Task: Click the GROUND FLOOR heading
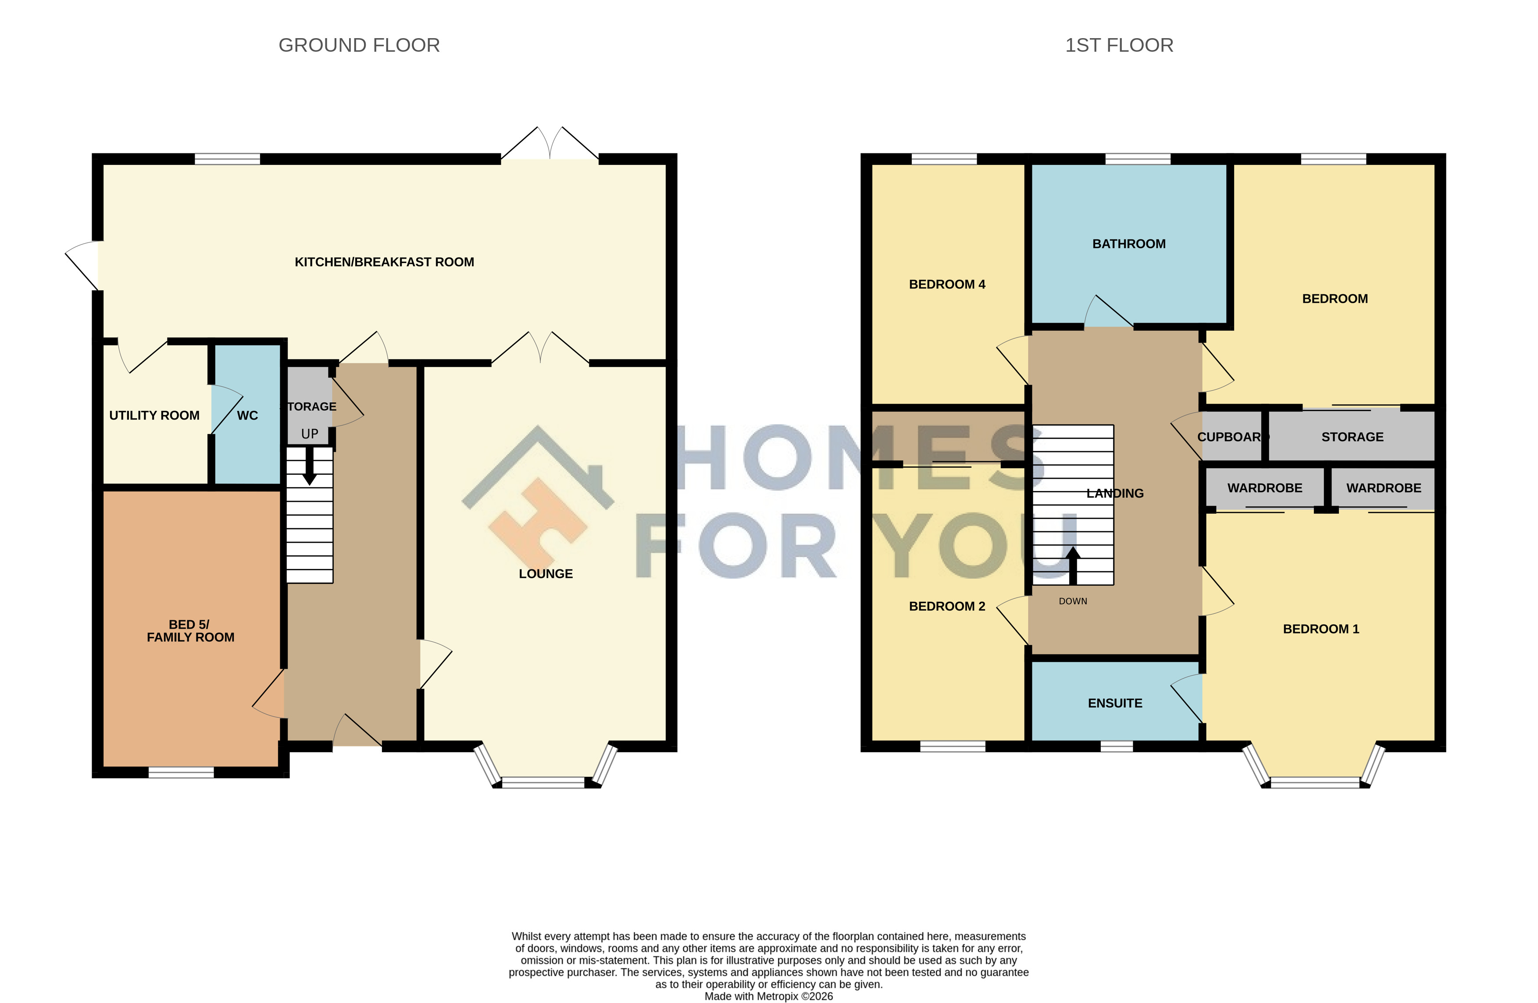359,45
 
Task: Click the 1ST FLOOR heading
1119,45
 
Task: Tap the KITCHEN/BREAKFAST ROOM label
385,262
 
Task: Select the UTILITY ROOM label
154,415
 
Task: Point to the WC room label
247,415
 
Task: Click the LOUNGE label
546,573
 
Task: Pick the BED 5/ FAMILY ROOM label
191,631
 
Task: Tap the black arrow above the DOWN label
1073,566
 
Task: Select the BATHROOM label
1129,243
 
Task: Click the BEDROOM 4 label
947,284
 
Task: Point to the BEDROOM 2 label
947,606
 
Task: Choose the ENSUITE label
1115,703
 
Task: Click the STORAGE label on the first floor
1352,437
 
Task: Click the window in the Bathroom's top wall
1138,159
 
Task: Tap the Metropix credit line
769,996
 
